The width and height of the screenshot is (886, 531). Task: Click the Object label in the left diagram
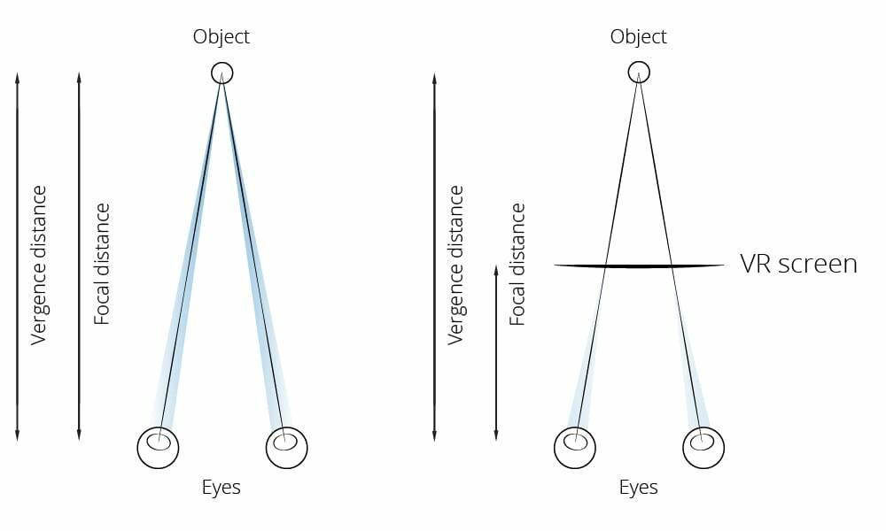coord(221,37)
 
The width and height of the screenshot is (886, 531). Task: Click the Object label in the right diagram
coord(638,37)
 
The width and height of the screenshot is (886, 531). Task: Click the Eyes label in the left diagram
coord(221,488)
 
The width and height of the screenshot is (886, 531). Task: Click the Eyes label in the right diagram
coord(638,488)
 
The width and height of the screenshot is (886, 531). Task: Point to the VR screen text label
coord(798,264)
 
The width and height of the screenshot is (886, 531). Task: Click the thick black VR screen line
coord(639,265)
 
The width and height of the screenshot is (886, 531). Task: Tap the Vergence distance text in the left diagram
coord(38,265)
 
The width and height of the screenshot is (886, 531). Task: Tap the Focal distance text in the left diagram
coord(101,264)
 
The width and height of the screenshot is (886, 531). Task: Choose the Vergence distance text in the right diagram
coord(455,265)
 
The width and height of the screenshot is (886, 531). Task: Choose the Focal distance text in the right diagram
coord(517,264)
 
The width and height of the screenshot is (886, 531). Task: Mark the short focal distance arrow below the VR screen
coord(496,353)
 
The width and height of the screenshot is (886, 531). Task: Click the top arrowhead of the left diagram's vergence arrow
coord(17,77)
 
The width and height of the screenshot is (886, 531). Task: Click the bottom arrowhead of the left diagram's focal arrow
coord(79,435)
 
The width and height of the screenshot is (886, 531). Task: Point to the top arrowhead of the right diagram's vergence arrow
coord(434,77)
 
